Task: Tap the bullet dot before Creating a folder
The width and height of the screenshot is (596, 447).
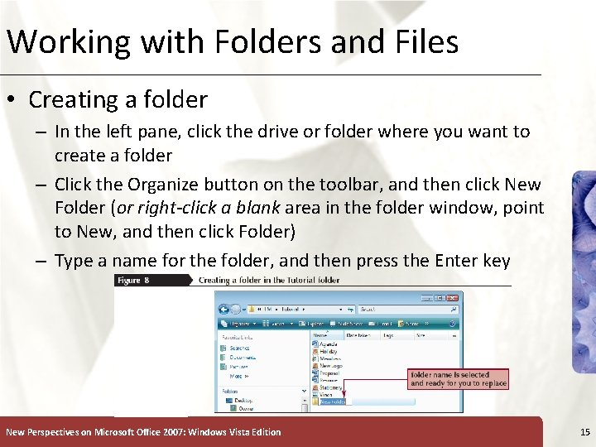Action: pyautogui.click(x=12, y=101)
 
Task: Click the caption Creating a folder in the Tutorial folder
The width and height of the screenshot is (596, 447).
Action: pyautogui.click(x=269, y=281)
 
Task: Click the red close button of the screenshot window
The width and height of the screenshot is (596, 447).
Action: pyautogui.click(x=451, y=297)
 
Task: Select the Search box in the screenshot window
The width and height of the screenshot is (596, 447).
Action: pyautogui.click(x=410, y=310)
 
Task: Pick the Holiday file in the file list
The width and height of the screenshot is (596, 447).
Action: pyautogui.click(x=329, y=351)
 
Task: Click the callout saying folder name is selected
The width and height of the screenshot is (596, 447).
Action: pyautogui.click(x=457, y=379)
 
